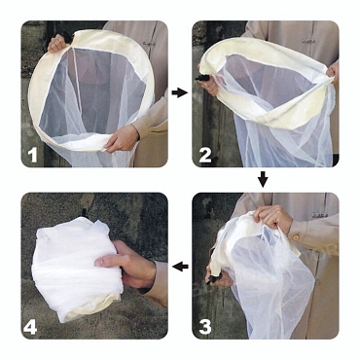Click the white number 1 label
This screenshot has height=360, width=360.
click(32, 156)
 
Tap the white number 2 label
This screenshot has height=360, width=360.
click(205, 156)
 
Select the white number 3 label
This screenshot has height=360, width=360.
click(205, 327)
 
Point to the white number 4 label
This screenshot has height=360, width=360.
click(30, 327)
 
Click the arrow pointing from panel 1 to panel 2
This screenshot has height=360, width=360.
click(180, 93)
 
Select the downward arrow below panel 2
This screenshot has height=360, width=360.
click(263, 179)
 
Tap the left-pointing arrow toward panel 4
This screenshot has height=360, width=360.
click(180, 267)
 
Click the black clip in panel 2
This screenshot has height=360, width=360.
click(201, 78)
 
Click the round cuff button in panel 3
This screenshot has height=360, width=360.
click(296, 237)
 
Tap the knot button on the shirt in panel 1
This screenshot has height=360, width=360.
click(148, 43)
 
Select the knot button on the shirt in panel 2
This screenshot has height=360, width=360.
click(308, 41)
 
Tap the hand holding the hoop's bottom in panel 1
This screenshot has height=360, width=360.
click(121, 139)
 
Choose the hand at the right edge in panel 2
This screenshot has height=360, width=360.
click(333, 73)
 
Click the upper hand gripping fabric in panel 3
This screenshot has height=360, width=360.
click(272, 217)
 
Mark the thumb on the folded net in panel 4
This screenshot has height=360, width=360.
click(107, 261)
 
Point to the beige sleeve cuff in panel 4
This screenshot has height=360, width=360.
click(156, 282)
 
